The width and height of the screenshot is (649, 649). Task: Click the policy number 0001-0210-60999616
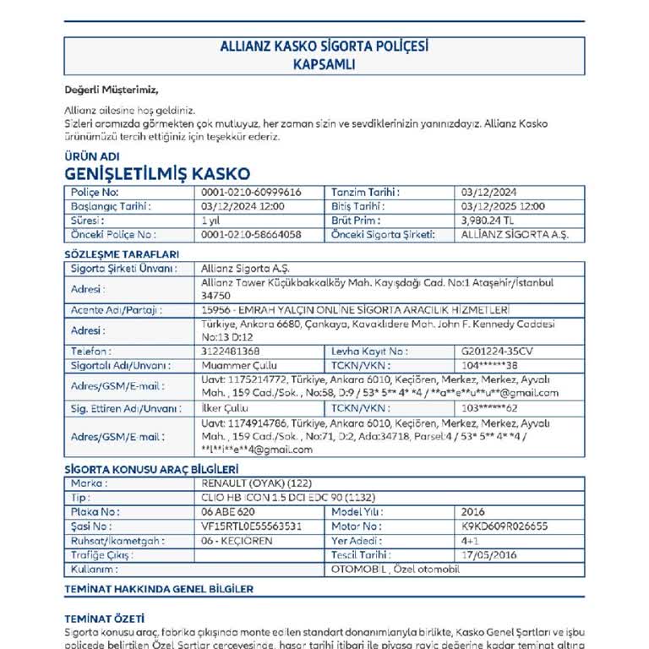(x=251, y=193)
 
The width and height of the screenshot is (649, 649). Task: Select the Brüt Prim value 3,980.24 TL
(x=489, y=220)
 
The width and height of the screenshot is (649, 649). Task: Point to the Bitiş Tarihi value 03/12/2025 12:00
(x=504, y=206)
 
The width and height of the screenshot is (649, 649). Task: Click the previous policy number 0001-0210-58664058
(x=251, y=234)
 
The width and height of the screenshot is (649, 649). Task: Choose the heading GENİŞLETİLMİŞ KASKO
(x=157, y=173)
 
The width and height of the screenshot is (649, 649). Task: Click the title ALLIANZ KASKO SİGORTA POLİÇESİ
(x=324, y=47)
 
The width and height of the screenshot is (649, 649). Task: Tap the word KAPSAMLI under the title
(x=324, y=64)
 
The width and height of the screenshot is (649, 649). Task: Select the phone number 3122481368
(x=231, y=351)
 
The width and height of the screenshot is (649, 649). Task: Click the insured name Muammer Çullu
(x=234, y=365)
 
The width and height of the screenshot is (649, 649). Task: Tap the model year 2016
(x=473, y=512)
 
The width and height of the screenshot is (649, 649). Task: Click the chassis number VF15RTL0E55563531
(x=252, y=526)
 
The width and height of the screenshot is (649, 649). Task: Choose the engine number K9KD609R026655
(x=504, y=526)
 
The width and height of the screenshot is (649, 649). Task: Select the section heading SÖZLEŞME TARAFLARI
(x=122, y=254)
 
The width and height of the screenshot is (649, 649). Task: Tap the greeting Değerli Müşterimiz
(x=112, y=90)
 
